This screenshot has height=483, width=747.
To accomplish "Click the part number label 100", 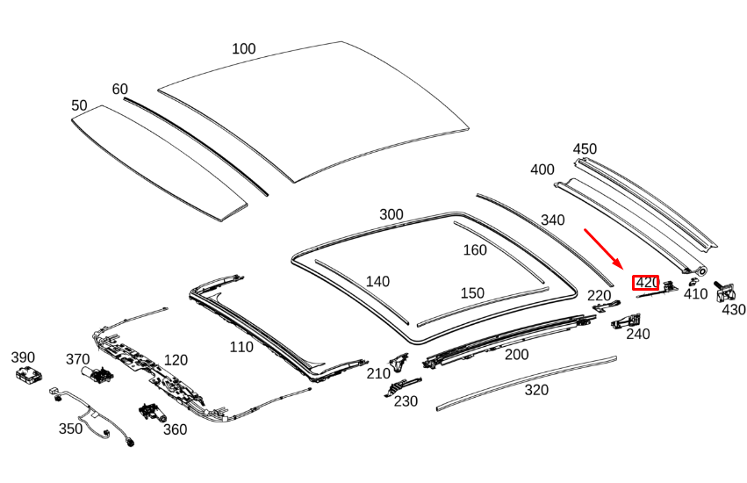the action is click(x=243, y=48).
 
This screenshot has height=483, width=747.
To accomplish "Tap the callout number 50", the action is click(x=79, y=105).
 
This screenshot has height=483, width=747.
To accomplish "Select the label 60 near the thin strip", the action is click(x=119, y=90).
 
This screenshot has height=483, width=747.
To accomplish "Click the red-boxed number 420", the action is click(x=646, y=283).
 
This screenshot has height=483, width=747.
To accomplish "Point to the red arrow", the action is click(x=604, y=249).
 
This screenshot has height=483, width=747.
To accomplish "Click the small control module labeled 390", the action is click(x=29, y=375).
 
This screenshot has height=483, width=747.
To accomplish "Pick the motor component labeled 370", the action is click(x=97, y=375).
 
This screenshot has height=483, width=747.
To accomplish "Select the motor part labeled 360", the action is click(x=153, y=413).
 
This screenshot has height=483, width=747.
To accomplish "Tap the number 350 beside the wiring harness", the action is click(x=70, y=429).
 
